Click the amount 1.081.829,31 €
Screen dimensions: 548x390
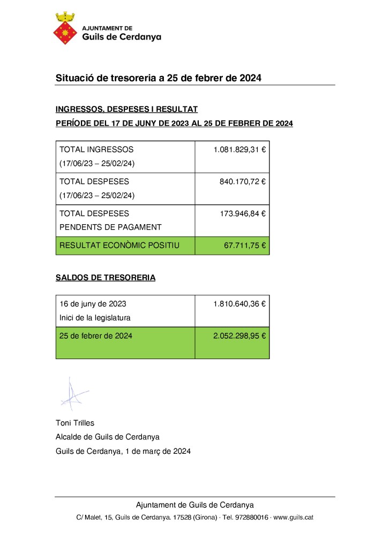239,150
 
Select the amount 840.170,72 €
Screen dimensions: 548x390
243,182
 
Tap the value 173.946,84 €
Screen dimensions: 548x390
243,214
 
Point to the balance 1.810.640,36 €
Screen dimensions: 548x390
239,304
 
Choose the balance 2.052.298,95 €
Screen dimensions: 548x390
239,336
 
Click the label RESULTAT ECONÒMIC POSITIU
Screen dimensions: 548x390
119,246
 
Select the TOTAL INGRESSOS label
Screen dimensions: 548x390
96,150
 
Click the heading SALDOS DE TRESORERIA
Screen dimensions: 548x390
106,278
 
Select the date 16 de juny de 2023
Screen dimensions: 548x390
93,304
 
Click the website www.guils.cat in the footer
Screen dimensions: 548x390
293,517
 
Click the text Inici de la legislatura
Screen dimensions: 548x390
95,318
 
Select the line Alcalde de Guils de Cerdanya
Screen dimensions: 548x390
108,437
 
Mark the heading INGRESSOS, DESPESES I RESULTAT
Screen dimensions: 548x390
127,110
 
